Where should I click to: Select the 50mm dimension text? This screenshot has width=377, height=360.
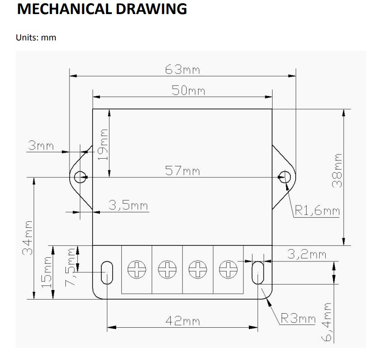click(x=188, y=90)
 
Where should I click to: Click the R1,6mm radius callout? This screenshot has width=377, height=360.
click(x=317, y=210)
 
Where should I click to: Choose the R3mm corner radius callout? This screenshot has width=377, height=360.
click(x=298, y=318)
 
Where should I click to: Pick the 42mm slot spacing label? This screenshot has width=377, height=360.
click(x=182, y=321)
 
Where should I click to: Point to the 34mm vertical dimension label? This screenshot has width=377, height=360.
click(x=28, y=237)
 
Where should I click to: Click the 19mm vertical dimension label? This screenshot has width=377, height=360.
click(x=104, y=144)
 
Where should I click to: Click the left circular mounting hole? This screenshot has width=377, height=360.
click(x=80, y=177)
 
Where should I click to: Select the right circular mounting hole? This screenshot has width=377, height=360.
click(x=285, y=177)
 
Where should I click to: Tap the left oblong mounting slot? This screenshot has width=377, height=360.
click(x=107, y=272)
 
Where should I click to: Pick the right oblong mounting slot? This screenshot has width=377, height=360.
click(x=258, y=272)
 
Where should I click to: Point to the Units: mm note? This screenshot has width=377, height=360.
click(x=36, y=38)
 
